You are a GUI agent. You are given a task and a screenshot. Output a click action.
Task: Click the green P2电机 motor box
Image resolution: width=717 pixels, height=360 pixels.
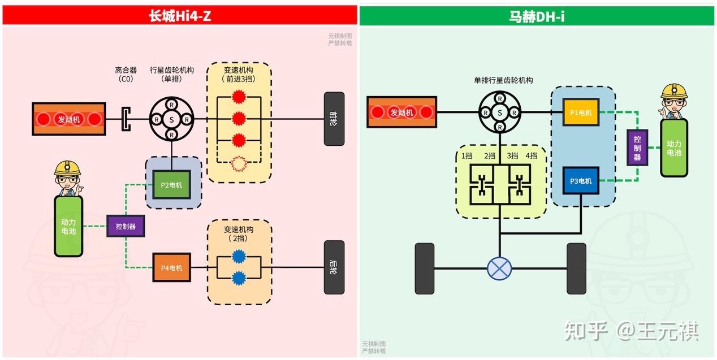[172, 185]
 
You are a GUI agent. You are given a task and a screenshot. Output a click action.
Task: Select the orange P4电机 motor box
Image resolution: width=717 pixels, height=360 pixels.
[172, 268]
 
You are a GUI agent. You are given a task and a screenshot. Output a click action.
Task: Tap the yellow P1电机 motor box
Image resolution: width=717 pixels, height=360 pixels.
[581, 112]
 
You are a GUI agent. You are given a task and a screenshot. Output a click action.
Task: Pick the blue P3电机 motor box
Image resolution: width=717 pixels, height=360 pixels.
[581, 181]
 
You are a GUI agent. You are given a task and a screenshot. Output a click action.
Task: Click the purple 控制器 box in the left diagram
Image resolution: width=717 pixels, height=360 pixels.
[126, 227]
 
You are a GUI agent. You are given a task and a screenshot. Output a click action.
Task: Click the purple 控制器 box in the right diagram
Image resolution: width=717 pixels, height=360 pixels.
[637, 147]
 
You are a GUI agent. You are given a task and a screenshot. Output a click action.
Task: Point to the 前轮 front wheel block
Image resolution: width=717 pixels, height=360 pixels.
[334, 119]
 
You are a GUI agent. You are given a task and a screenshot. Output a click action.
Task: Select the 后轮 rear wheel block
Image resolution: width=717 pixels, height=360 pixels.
[334, 267]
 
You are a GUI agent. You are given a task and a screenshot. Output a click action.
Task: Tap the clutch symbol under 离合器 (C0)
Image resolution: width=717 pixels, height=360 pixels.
[126, 119]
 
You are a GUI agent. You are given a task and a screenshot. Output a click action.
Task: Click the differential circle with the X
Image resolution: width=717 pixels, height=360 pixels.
[499, 268]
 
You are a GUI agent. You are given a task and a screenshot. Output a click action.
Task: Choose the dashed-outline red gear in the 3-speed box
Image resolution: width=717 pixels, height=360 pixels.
[239, 164]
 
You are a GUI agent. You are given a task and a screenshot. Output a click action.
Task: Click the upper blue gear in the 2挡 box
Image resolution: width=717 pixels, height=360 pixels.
[239, 256]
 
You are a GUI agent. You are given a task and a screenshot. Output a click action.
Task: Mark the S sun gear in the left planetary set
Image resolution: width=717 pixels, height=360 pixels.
[171, 119]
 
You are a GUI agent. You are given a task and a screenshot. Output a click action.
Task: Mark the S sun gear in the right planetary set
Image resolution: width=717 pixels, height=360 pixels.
[499, 112]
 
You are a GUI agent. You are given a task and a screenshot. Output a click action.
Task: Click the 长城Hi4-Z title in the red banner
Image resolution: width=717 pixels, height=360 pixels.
[180, 16]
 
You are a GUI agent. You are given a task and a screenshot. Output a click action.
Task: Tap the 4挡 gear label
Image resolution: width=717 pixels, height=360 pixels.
[531, 156]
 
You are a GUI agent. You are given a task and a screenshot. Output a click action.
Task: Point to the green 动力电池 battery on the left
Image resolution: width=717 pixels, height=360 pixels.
[68, 226]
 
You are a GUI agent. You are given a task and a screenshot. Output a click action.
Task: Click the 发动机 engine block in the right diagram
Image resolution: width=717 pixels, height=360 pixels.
[403, 112]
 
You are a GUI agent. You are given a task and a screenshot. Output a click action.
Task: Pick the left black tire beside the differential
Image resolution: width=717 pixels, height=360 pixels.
[424, 268]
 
